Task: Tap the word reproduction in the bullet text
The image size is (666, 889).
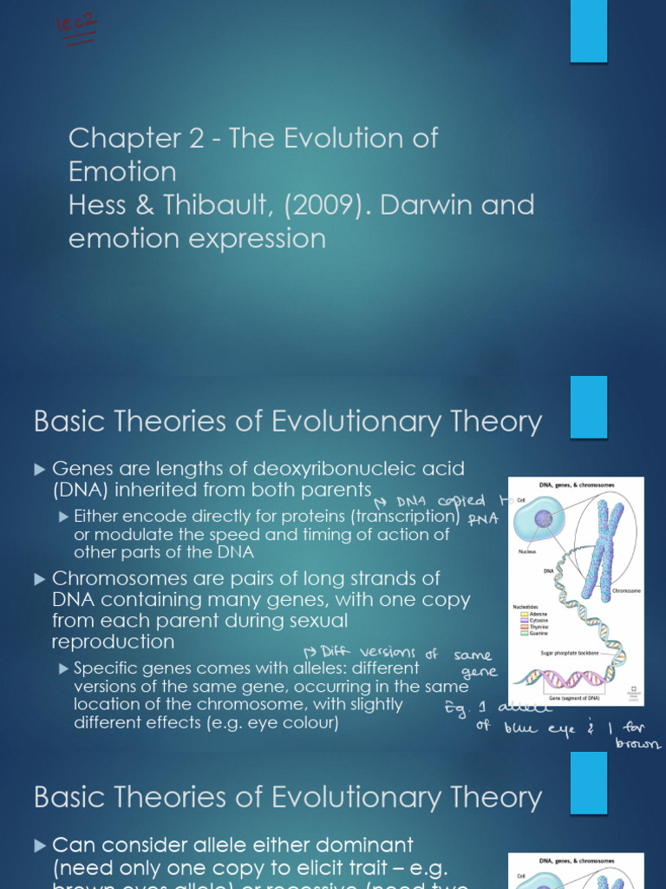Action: (113, 642)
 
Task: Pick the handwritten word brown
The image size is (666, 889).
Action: (637, 744)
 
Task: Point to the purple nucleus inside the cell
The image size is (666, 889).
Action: (544, 519)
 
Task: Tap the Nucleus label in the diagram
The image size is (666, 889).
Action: (528, 551)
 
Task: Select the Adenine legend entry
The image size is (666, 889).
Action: (532, 613)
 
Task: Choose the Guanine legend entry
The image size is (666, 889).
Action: (532, 634)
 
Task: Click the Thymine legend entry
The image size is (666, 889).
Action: (532, 627)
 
